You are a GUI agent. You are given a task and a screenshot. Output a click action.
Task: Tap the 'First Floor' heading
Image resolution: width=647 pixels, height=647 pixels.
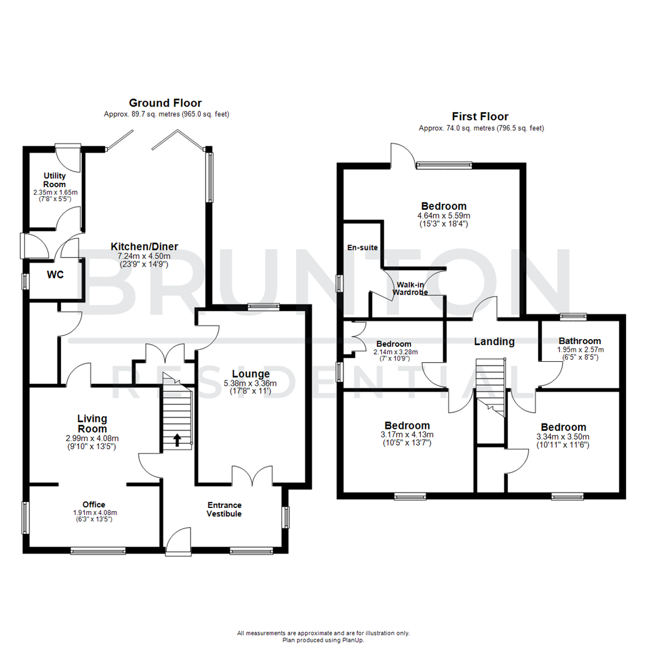click(480, 117)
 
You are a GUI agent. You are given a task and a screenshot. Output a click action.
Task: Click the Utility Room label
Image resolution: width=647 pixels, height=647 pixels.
click(54, 180)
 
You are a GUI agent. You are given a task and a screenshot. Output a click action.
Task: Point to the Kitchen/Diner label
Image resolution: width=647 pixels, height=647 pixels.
click(144, 247)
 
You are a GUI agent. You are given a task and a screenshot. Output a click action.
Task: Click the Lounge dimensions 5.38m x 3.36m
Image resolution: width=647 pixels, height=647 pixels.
click(255, 383)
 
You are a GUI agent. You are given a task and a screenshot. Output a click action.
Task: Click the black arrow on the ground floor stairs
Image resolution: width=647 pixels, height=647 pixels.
click(177, 441)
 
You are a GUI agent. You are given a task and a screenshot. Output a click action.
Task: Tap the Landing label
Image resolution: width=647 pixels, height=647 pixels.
click(494, 341)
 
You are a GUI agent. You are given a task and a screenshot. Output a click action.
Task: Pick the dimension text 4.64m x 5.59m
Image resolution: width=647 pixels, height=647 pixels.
click(444, 216)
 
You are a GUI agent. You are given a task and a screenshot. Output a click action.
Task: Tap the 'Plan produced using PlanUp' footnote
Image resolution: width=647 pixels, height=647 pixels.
click(323, 640)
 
